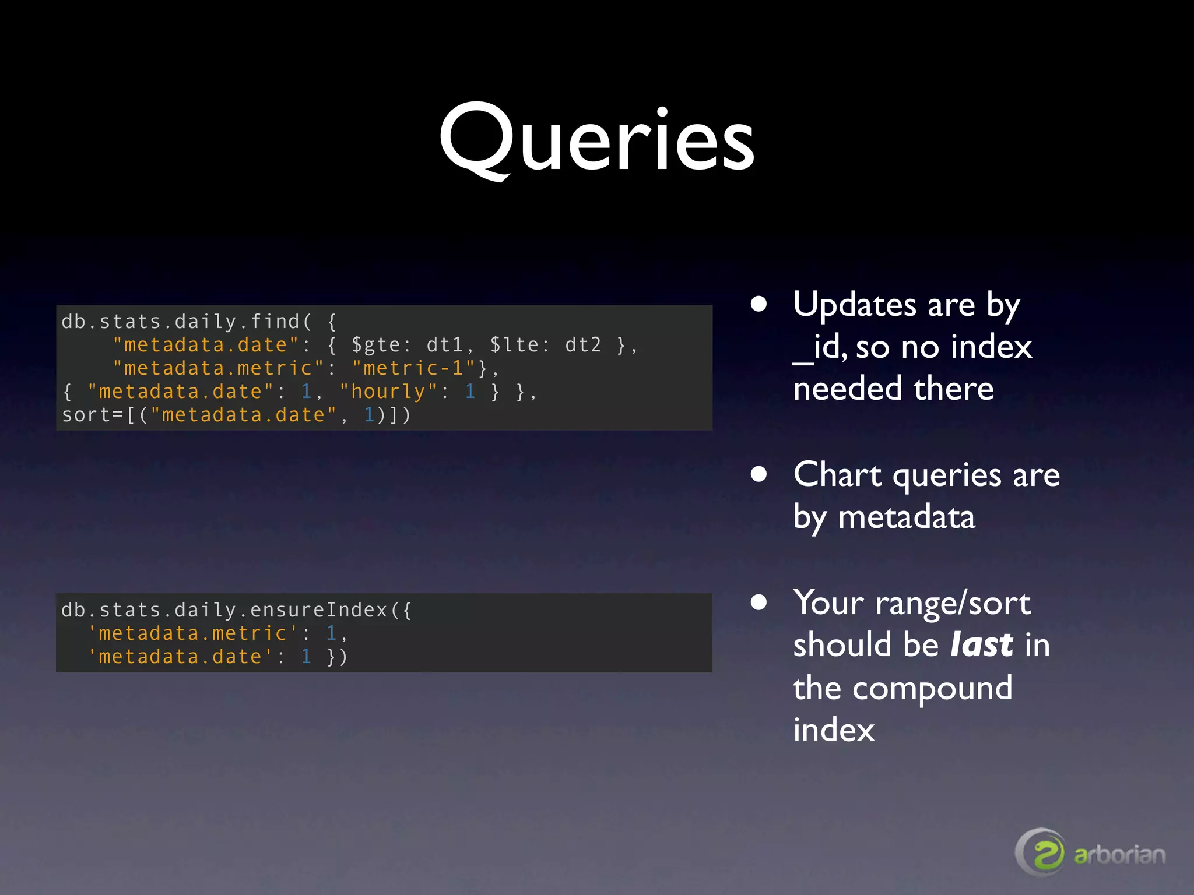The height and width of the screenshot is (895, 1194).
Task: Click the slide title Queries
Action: point(596,140)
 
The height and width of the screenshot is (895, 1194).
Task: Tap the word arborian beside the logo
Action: point(1119,855)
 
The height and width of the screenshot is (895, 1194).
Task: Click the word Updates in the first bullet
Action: point(855,305)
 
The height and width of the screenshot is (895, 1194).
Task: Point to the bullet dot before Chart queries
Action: point(758,474)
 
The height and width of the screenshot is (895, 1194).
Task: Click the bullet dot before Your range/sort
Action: point(758,602)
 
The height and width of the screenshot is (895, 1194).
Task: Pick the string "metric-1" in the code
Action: point(414,368)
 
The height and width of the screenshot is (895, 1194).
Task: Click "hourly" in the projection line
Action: point(388,392)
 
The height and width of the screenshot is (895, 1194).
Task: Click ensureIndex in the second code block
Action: point(319,610)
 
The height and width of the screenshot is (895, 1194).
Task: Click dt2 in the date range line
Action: point(582,345)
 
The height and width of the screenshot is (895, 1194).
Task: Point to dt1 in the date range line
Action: point(445,345)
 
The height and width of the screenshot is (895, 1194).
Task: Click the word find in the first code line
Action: point(275,322)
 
